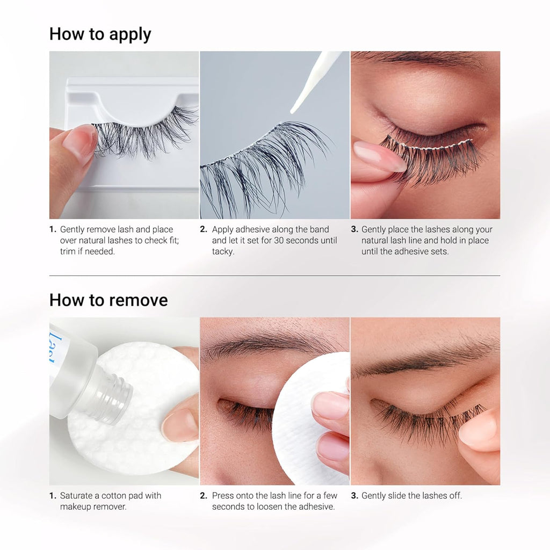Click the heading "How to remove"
point(108,300)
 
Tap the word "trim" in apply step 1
point(68,251)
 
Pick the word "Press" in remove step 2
point(222,496)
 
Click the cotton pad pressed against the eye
point(309,417)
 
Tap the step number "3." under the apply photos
point(354,229)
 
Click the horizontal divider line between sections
point(274,276)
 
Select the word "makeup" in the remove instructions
point(75,507)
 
